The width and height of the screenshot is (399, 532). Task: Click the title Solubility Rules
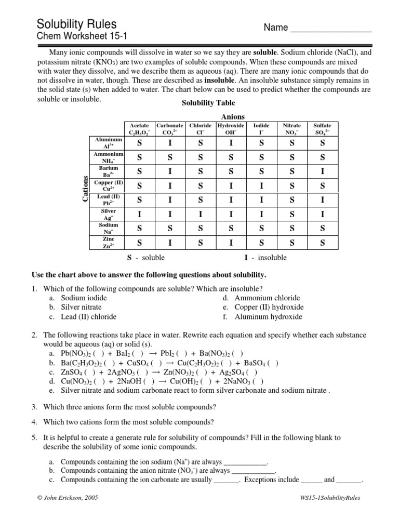(x=76, y=24)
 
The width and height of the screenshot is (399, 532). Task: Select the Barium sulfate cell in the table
(x=322, y=171)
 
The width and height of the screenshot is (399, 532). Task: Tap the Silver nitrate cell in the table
(x=291, y=214)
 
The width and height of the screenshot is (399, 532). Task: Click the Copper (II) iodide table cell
(x=261, y=185)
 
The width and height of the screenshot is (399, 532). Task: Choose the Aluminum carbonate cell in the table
(x=170, y=143)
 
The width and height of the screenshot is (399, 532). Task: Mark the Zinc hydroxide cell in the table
(x=231, y=243)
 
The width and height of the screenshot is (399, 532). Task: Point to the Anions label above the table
(x=233, y=117)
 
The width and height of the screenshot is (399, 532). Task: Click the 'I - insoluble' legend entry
(x=265, y=257)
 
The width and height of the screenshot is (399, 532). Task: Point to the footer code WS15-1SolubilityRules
(x=327, y=497)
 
